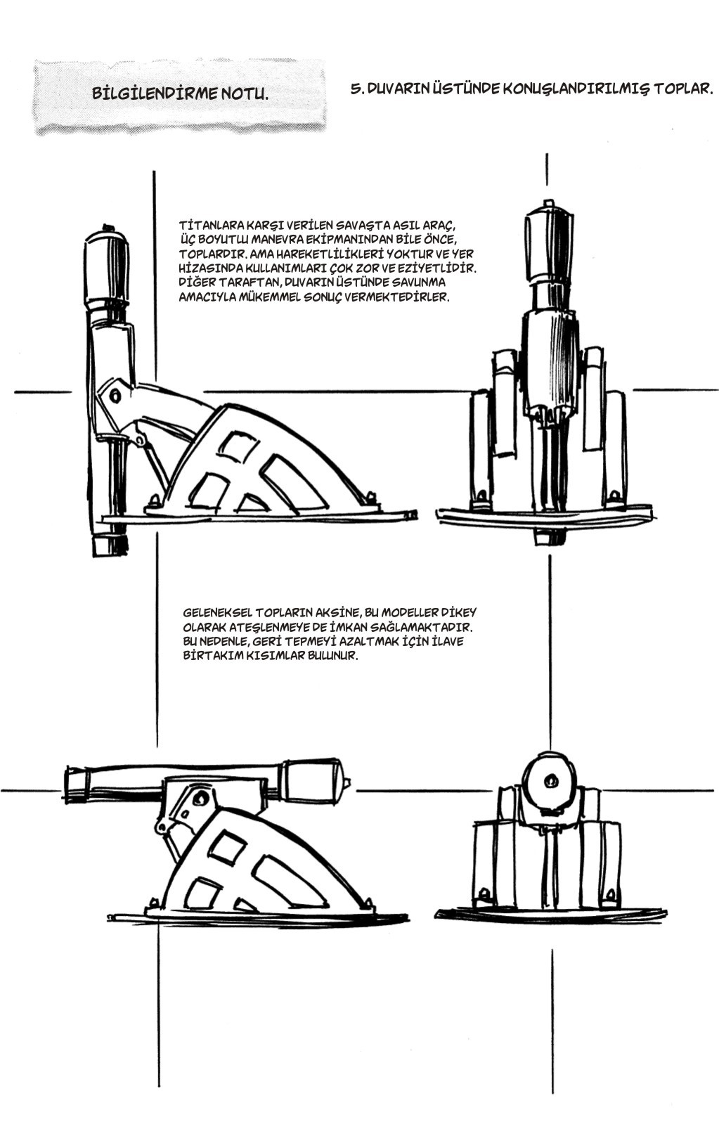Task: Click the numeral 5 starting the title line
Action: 354,89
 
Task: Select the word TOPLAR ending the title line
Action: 682,89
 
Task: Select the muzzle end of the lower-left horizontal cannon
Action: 74,782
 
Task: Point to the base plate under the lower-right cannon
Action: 550,915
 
